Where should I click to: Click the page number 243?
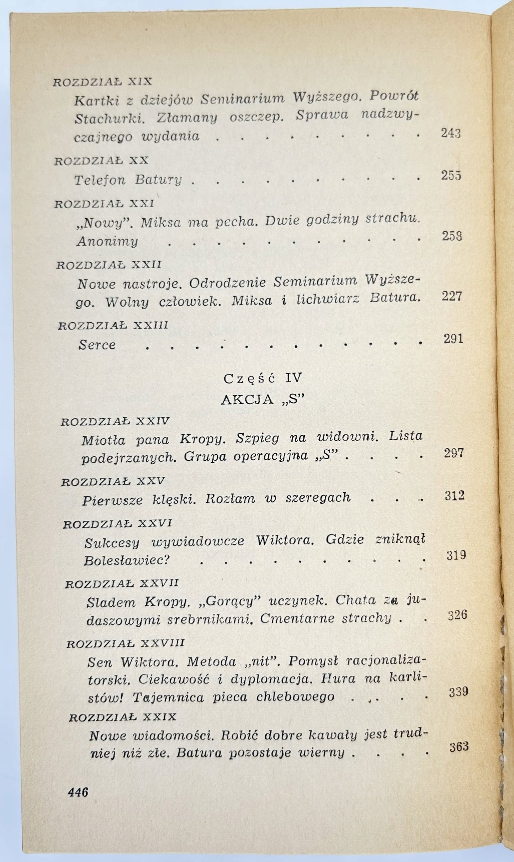451,133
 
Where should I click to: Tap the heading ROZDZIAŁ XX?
101,161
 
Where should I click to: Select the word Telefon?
100,180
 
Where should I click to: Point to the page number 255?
451,176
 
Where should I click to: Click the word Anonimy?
107,242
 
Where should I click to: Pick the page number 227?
452,296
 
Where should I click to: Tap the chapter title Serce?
97,345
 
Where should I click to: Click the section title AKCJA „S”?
263,400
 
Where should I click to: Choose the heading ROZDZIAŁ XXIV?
115,422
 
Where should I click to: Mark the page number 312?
455,496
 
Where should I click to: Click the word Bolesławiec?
125,561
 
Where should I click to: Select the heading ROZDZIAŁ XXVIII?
126,644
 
